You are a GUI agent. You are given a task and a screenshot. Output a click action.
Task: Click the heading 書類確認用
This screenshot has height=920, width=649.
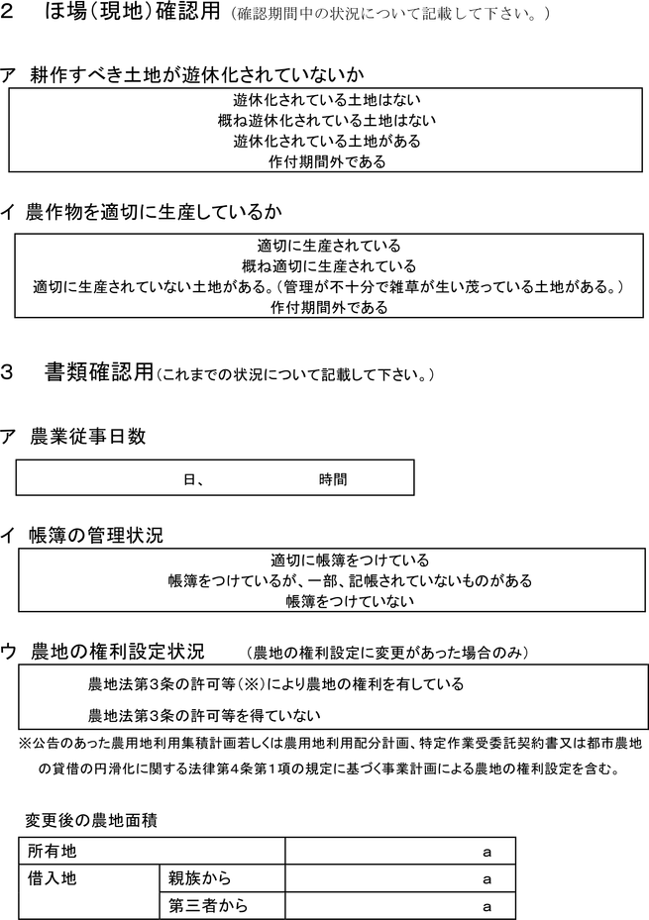click(98, 372)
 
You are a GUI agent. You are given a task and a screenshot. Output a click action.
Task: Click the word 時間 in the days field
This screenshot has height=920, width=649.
click(333, 479)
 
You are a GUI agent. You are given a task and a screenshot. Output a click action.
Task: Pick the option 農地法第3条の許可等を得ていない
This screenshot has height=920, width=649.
click(205, 715)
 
